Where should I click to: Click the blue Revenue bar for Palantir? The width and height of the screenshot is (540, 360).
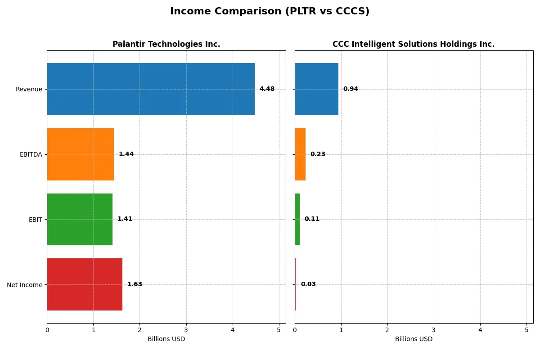click(151, 89)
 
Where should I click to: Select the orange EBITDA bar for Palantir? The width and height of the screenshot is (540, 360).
click(80, 154)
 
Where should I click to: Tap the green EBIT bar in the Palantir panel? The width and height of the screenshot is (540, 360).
click(80, 219)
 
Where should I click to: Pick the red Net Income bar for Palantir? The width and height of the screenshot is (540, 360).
click(85, 284)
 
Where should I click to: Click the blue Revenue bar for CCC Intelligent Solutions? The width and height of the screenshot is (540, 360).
click(316, 89)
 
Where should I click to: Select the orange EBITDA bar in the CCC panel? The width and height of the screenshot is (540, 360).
click(300, 154)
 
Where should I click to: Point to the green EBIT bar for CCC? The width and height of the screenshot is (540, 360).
click(297, 219)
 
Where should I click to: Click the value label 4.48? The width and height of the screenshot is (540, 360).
click(267, 89)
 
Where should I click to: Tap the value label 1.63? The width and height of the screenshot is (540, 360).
click(135, 284)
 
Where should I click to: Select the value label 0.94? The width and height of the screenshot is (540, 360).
click(351, 89)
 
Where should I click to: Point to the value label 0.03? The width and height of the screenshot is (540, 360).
click(308, 284)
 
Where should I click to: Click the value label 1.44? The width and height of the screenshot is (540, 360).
click(126, 154)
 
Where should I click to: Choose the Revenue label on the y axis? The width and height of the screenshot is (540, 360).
click(29, 90)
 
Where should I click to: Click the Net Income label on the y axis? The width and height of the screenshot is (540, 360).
click(24, 285)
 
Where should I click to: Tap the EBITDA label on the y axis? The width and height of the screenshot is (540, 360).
click(31, 155)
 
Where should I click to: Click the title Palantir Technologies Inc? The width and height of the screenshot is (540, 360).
click(166, 44)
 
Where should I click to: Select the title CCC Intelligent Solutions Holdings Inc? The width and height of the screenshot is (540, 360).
click(414, 44)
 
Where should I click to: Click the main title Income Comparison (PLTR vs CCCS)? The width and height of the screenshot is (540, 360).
click(270, 12)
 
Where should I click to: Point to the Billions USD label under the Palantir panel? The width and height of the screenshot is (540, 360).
click(166, 339)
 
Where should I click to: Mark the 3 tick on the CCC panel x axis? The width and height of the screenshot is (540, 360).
click(434, 330)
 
